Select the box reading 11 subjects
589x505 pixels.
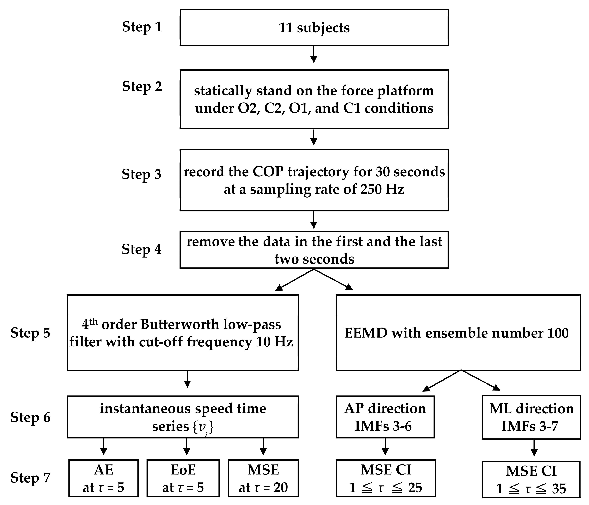[x=314, y=28]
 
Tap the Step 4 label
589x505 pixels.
[x=141, y=249]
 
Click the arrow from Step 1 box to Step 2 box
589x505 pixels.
[x=314, y=55]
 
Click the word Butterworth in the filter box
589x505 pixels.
[x=180, y=324]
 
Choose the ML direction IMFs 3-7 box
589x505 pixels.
[x=531, y=417]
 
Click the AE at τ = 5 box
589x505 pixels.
[x=103, y=478]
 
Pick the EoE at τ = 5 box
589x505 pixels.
[x=183, y=478]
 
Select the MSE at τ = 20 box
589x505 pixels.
[x=263, y=478]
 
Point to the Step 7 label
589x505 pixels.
[x=30, y=478]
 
